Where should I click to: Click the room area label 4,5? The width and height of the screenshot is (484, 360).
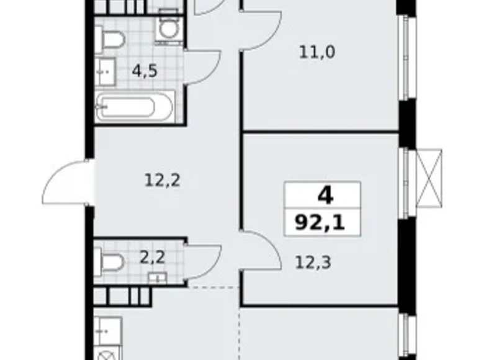point(144,70)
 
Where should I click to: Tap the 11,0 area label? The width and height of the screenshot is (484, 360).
point(317,52)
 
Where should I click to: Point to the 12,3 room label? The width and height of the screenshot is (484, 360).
point(313,262)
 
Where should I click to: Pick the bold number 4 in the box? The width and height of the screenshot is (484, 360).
point(324,196)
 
